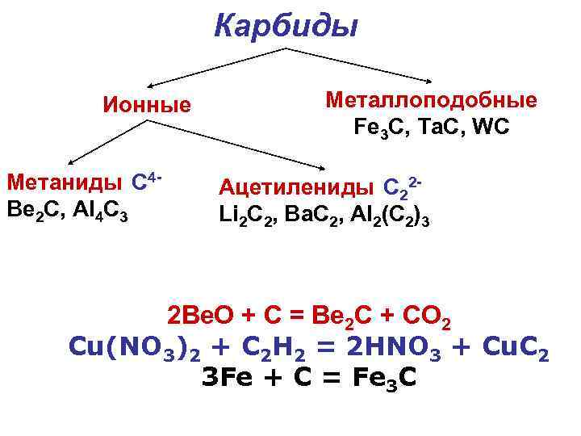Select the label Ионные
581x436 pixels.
click(x=146, y=105)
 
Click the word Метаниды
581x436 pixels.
click(x=65, y=182)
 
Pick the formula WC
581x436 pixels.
click(x=491, y=127)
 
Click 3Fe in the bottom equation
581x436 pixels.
click(x=227, y=377)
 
